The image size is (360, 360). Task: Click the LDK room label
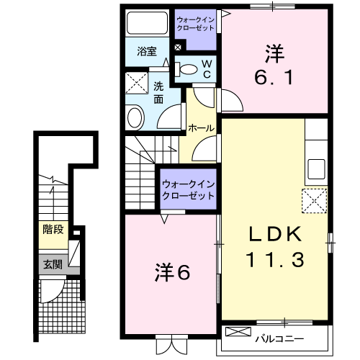(x=274, y=235)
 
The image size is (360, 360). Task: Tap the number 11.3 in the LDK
(x=274, y=258)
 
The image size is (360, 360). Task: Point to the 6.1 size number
(x=274, y=76)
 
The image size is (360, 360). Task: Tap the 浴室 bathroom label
(x=147, y=51)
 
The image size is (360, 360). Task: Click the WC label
(x=205, y=68)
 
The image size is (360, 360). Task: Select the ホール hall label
(x=200, y=128)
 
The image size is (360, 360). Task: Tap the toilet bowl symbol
(x=188, y=69)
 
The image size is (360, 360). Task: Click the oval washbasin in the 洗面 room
(x=135, y=117)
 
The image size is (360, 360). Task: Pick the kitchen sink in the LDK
(x=316, y=170)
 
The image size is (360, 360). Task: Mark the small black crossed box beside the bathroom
(x=178, y=49)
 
